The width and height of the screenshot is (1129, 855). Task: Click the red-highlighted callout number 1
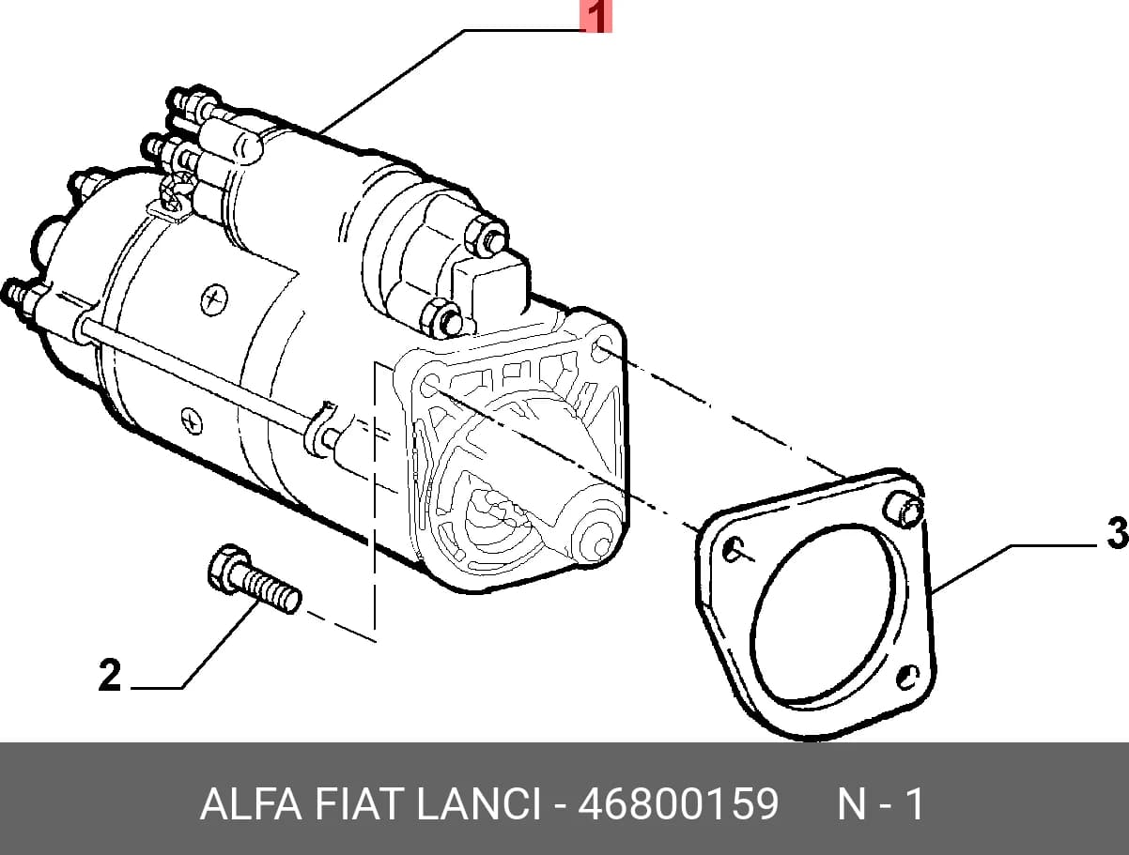pyautogui.click(x=596, y=17)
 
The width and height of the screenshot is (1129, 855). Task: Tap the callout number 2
pyautogui.click(x=110, y=675)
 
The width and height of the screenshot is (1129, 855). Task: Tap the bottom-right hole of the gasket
pyautogui.click(x=908, y=678)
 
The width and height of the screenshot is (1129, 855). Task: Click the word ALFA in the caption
pyautogui.click(x=251, y=803)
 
